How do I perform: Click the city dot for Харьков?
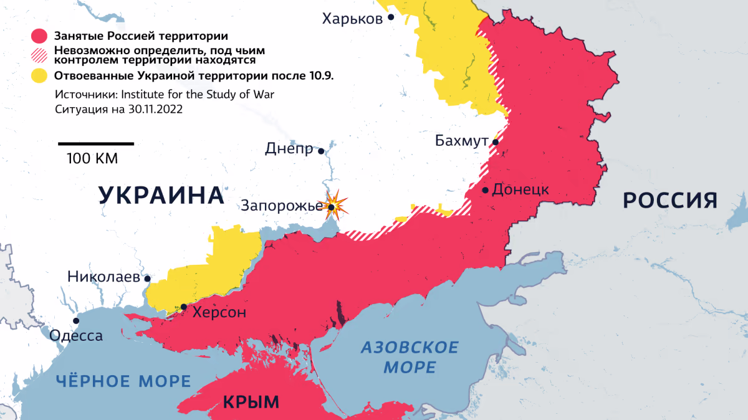[391, 17]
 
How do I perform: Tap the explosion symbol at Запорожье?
[333, 206]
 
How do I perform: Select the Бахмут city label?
[461, 142]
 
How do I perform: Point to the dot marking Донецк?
[485, 189]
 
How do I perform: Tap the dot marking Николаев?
[148, 279]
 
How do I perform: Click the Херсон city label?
[219, 312]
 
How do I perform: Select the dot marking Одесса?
[76, 321]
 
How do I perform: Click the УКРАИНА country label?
[161, 196]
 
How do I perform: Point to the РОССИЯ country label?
[670, 201]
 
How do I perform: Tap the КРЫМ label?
[251, 402]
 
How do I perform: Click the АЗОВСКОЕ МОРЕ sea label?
[410, 357]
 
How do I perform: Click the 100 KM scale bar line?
[96, 144]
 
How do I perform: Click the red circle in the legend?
[40, 36]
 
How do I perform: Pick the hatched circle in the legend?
[40, 55]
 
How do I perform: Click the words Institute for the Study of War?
[198, 94]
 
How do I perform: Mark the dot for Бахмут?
[495, 142]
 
